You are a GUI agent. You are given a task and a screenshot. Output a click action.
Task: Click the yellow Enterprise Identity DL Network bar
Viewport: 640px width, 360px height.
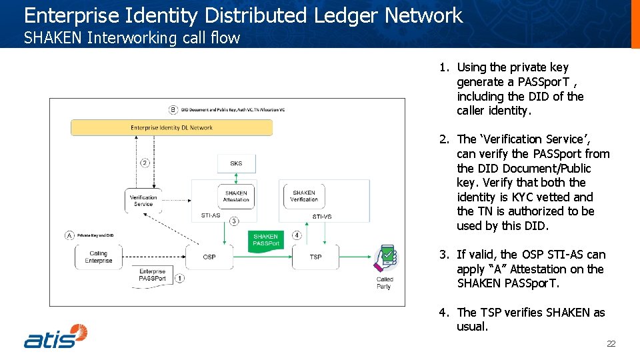171,127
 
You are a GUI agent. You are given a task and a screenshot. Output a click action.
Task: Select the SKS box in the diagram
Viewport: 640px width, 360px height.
236,163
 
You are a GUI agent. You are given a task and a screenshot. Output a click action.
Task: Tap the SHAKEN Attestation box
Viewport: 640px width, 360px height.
236,196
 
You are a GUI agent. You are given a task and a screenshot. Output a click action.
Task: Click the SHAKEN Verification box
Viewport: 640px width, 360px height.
304,196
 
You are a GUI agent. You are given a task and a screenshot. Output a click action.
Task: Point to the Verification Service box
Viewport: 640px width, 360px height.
143,201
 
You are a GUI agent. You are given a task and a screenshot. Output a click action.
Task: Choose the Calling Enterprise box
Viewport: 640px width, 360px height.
98,257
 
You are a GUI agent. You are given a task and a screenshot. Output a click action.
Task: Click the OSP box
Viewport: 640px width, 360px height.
209,257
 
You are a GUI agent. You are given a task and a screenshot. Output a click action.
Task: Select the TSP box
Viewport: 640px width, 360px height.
315,257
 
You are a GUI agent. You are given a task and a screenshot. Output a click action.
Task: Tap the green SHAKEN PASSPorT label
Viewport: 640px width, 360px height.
266,241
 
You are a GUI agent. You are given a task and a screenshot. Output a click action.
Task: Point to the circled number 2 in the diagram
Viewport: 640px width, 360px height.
145,163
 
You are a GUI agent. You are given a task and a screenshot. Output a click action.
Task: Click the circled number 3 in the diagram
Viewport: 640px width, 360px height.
234,221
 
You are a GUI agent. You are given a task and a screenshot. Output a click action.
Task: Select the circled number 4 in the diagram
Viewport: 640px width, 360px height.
297,235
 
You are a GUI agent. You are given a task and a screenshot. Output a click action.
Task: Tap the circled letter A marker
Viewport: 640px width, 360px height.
69,235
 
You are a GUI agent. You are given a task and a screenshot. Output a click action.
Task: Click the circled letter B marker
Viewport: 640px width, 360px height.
173,109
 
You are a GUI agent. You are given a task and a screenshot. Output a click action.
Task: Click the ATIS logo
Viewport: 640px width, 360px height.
56,336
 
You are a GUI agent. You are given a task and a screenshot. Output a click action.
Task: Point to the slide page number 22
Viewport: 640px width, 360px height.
611,344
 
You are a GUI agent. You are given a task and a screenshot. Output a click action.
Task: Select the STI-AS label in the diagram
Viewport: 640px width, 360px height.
211,216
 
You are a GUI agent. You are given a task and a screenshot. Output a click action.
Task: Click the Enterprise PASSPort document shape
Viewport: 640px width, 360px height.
153,275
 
